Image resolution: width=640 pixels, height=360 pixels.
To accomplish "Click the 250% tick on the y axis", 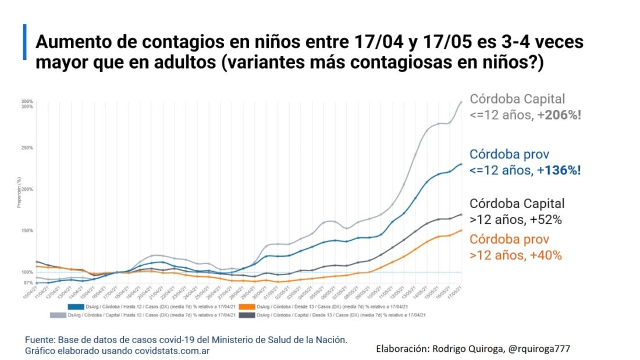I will click(27, 148).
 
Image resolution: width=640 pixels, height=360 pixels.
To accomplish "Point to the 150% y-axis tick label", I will click(27, 231).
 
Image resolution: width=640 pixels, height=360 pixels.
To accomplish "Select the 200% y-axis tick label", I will click(27, 190).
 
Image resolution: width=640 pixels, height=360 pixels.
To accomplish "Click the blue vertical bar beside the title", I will click(25, 42).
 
